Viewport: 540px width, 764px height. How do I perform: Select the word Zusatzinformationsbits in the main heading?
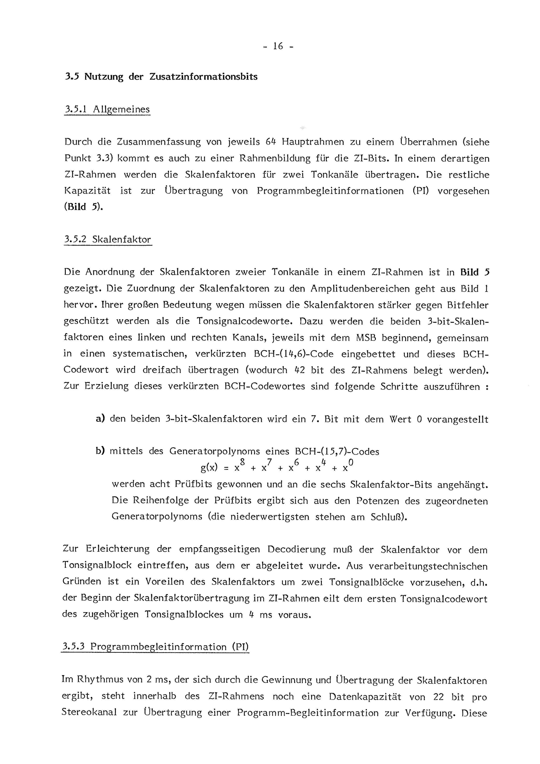[x=203, y=77]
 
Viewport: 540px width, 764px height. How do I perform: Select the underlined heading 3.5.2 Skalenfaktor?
[x=108, y=240]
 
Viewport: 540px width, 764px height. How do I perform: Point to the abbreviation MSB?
[x=365, y=338]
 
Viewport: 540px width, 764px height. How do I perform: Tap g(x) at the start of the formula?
[x=209, y=468]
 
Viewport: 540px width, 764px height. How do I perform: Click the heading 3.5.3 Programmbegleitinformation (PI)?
[x=155, y=647]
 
